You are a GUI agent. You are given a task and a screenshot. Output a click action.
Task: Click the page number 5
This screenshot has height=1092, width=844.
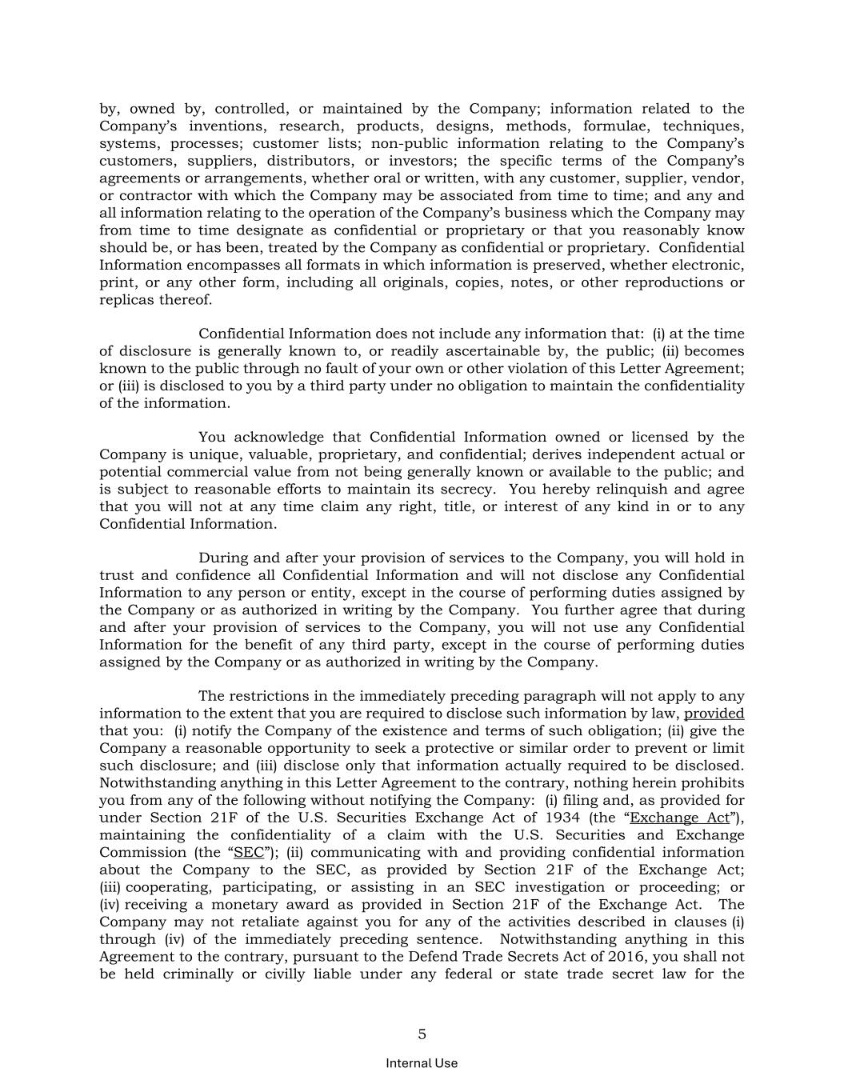coord(422,1034)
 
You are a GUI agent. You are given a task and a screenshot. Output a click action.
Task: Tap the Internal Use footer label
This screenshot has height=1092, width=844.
coord(422,1063)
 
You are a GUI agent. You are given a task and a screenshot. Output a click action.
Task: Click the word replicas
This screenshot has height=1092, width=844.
coord(125,300)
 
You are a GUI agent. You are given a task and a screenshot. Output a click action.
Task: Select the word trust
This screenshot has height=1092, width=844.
coord(116,575)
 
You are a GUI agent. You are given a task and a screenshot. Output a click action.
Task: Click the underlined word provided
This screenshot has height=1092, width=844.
coord(714,714)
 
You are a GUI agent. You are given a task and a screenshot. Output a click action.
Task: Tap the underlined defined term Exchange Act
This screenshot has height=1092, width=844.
coord(680,818)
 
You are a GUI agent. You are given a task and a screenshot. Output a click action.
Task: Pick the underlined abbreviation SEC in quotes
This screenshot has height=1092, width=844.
coord(248,853)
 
